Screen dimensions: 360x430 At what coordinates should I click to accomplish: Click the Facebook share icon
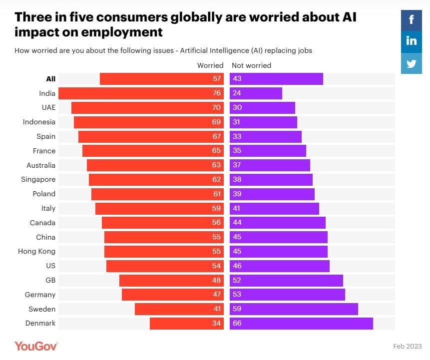click(x=411, y=20)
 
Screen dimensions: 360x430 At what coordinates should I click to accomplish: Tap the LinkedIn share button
click(x=411, y=41)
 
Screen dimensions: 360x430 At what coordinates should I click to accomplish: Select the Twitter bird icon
click(x=411, y=63)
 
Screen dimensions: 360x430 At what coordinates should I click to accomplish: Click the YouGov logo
click(x=36, y=346)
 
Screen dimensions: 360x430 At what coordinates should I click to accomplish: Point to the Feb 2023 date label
click(x=408, y=346)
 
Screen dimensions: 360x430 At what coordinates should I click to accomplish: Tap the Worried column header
click(x=210, y=65)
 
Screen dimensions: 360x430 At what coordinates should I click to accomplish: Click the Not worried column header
click(x=251, y=65)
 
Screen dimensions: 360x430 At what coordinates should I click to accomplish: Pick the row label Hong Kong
click(x=36, y=252)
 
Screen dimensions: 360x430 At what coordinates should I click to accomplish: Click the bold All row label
click(x=50, y=79)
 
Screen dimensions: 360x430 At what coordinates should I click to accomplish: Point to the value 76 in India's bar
click(x=216, y=93)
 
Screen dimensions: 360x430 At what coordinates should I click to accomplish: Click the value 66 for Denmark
click(x=237, y=324)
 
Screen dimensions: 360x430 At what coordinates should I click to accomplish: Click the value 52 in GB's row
click(x=237, y=280)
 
